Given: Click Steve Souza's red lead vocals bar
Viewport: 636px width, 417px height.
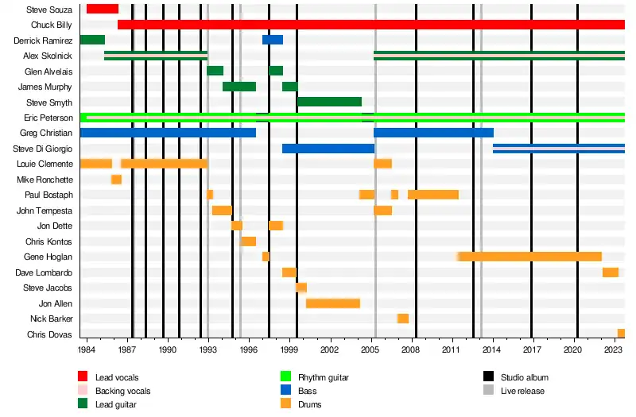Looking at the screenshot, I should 102,9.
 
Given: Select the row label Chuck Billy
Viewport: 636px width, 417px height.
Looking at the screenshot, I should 52,25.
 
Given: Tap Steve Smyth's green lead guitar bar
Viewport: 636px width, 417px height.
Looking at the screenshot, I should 329,102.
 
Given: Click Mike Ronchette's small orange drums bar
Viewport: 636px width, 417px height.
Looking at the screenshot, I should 116,180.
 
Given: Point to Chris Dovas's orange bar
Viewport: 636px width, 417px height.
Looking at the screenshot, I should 621,334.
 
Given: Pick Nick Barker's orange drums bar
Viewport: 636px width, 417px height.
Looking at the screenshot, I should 403,319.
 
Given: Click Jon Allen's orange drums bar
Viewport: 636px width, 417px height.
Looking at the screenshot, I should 333,303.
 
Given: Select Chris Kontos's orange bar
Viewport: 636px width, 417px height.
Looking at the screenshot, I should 248,241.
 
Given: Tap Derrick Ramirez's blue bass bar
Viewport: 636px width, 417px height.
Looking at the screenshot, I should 272,40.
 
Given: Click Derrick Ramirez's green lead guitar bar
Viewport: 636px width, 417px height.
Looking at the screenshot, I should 92,40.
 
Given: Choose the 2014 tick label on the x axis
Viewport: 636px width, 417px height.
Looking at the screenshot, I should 493,349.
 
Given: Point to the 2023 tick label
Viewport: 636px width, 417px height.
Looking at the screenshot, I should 614,349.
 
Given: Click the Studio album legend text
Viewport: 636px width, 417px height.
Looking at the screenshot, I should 524,377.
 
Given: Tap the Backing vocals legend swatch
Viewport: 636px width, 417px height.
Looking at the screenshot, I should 83,391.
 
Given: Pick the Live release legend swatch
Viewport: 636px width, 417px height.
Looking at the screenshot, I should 488,391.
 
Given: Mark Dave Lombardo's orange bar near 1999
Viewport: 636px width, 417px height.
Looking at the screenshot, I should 289,272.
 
